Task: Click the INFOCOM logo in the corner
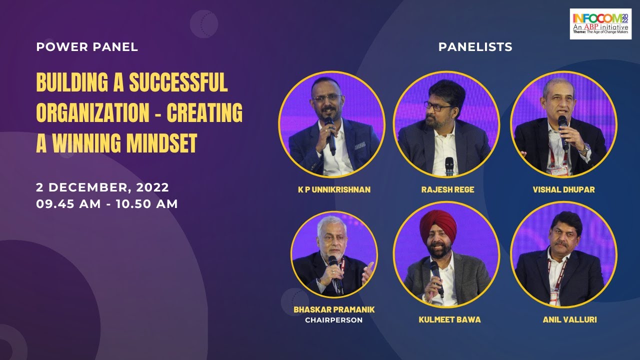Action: point(601,23)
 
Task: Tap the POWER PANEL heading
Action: point(87,47)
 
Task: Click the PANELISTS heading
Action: point(475,47)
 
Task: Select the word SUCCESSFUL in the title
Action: point(178,82)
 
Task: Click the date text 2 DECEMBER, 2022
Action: point(102,188)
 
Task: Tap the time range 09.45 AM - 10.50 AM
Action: point(107,204)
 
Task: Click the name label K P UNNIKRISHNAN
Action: point(334,190)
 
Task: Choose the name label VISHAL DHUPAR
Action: point(563,190)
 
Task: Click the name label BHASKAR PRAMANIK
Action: point(334,309)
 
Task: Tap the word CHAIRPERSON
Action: point(334,320)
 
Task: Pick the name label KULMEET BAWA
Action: point(449,319)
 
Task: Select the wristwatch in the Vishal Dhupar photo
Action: point(585,148)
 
